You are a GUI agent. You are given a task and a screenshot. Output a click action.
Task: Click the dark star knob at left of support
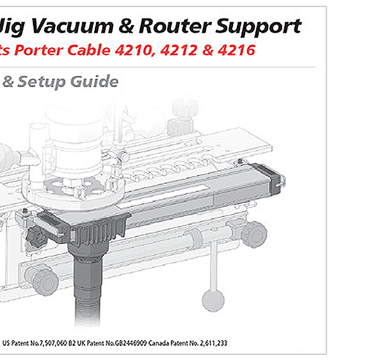point(36,238)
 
